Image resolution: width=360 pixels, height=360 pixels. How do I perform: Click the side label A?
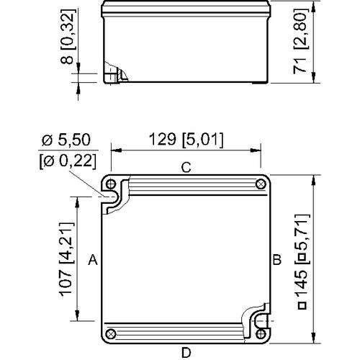point(92,261)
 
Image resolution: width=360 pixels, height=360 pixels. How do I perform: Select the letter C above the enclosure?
point(185,168)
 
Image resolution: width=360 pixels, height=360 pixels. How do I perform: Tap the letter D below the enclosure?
point(186,352)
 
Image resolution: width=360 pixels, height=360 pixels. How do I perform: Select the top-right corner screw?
point(260,184)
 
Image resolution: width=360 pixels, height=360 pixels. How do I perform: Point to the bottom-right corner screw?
point(260,334)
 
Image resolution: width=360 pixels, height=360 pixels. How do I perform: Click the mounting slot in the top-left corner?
point(113,197)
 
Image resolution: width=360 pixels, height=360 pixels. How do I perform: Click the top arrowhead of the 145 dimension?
point(313,178)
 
